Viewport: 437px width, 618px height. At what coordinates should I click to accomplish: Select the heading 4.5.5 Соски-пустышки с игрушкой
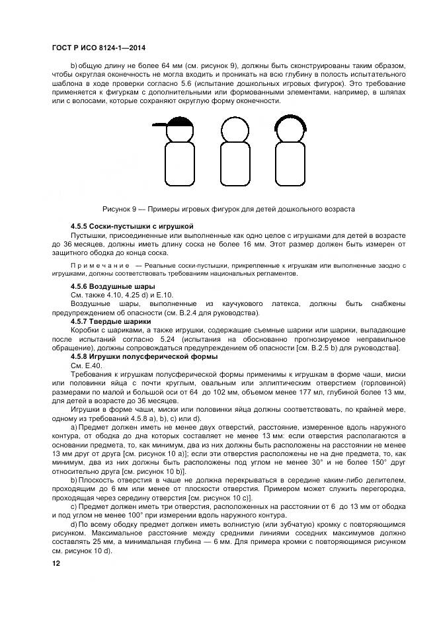coord(127,226)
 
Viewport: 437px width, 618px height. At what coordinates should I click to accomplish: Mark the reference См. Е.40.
coord(87,365)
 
